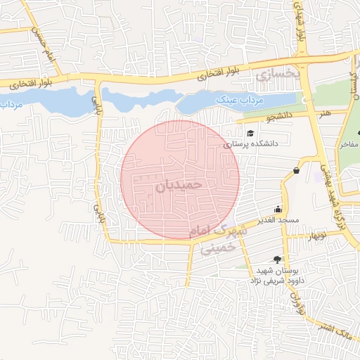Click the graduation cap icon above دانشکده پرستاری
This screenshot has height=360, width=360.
(x=250, y=132)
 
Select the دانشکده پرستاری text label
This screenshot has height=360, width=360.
(x=252, y=143)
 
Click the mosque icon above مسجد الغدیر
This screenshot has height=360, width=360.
(x=278, y=209)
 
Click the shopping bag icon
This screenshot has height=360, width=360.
(x=297, y=170)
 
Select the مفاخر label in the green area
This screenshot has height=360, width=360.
(x=349, y=145)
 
